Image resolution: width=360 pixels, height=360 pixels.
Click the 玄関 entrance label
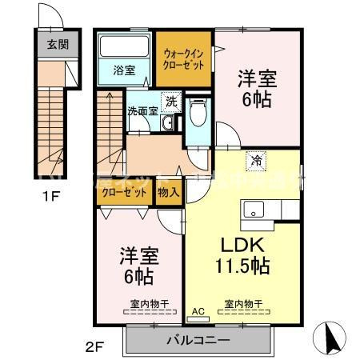[51, 44]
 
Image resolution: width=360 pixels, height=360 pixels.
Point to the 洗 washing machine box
[170, 102]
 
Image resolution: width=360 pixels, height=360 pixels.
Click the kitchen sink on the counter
[255, 211]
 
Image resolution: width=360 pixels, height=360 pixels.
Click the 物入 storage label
[168, 194]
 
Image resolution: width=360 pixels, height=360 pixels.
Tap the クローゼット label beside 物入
[126, 194]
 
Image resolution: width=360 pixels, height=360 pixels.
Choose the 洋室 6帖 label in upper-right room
[258, 89]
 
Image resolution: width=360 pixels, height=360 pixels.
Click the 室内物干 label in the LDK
[242, 304]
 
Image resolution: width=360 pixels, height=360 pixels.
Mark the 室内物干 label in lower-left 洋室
[147, 304]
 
